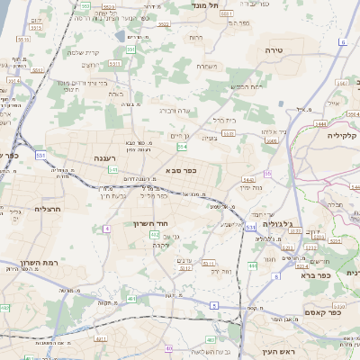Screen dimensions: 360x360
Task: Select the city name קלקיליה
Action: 342,135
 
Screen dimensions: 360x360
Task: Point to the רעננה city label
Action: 106,157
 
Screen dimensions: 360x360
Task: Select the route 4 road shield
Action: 106,229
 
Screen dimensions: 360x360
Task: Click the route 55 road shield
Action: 267,173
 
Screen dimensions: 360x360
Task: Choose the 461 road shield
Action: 131,298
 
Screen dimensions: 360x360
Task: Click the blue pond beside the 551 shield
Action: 121,36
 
